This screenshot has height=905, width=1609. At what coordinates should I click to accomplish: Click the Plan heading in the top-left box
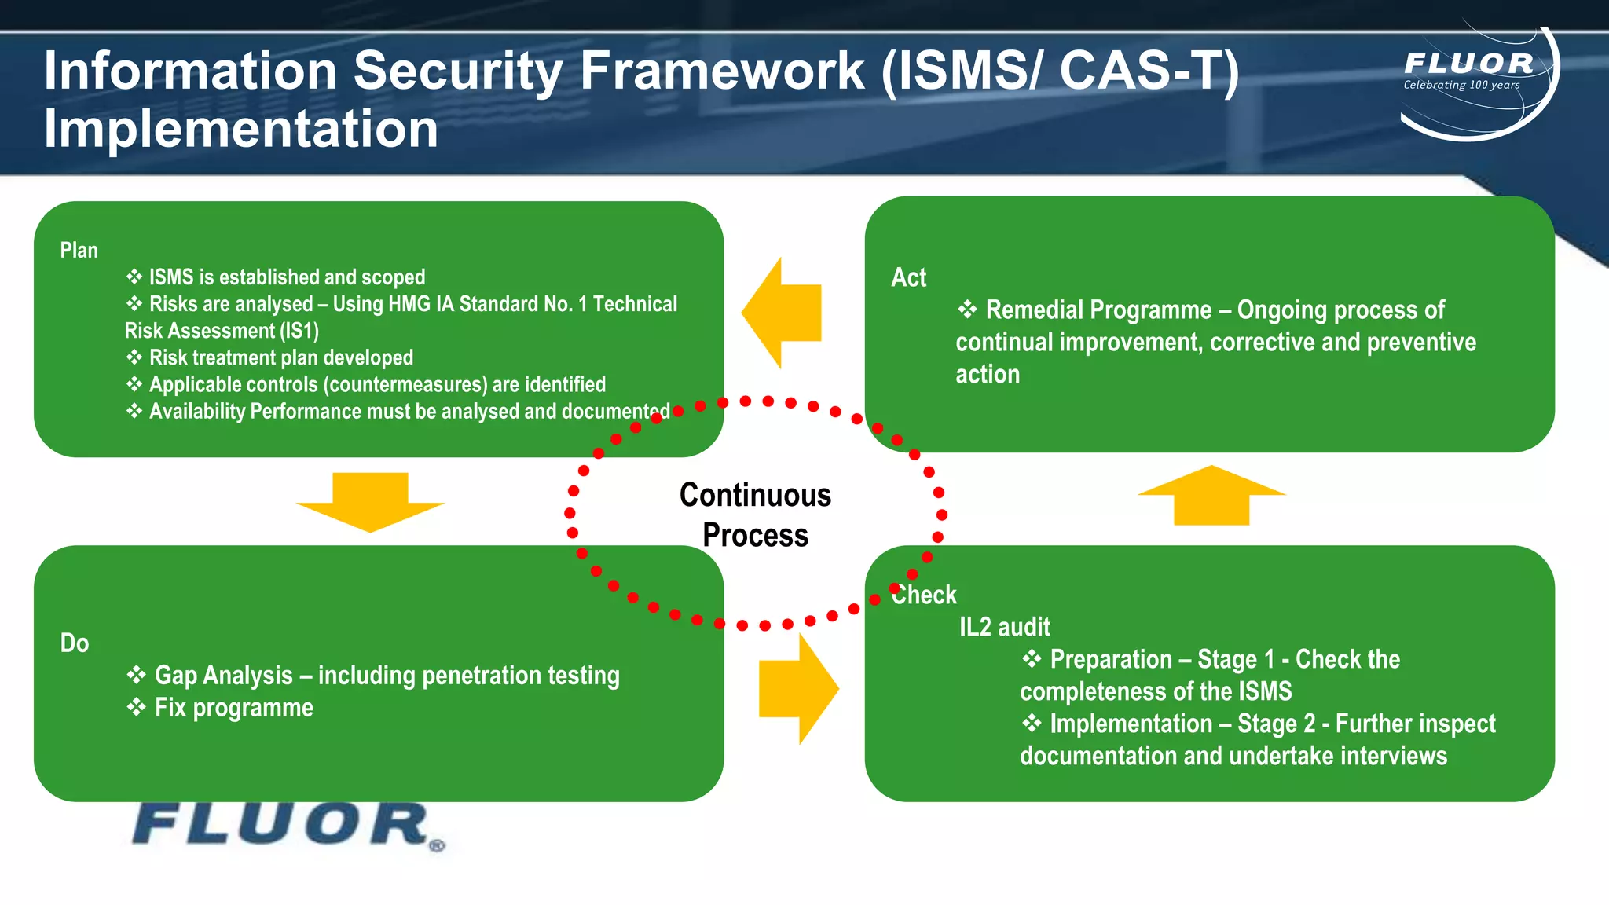click(x=79, y=251)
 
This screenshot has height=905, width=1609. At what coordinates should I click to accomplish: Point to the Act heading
click(x=908, y=277)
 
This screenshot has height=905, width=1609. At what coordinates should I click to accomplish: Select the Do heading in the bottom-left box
click(x=75, y=643)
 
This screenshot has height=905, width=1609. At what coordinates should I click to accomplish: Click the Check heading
click(x=925, y=595)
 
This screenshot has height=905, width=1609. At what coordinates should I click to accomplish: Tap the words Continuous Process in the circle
click(x=755, y=515)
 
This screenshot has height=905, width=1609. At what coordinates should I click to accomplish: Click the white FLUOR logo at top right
click(x=1468, y=64)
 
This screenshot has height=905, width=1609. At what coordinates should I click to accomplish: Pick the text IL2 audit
click(x=1004, y=627)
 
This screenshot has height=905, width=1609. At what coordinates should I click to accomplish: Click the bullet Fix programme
click(x=233, y=708)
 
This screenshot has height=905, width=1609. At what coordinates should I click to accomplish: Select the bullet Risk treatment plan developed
click(x=280, y=357)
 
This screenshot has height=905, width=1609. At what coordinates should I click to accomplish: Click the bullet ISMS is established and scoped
click(x=287, y=277)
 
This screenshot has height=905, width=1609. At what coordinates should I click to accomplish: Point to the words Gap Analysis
click(x=224, y=676)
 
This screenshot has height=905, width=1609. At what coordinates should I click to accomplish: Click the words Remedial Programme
click(x=1098, y=310)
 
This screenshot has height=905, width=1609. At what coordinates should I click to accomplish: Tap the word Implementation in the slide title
click(x=240, y=129)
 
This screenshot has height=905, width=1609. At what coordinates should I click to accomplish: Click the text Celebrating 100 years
click(x=1461, y=85)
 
